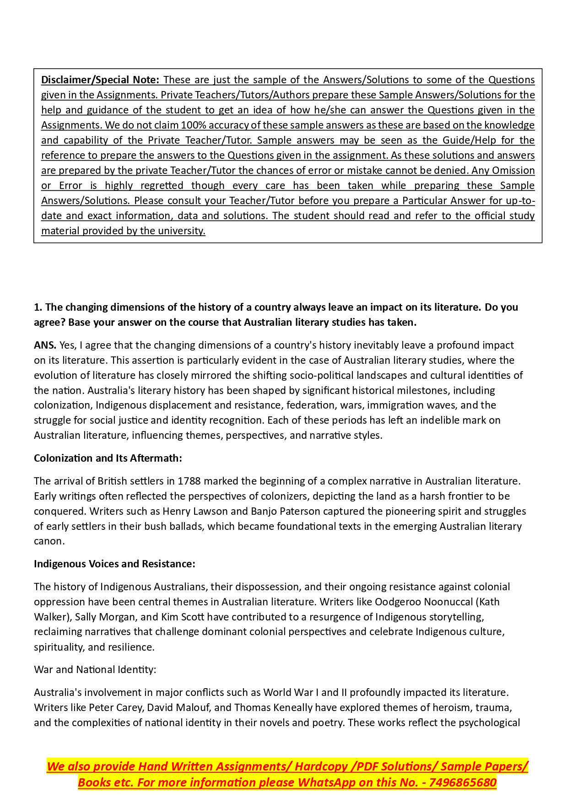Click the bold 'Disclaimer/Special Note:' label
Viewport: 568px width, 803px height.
[100, 80]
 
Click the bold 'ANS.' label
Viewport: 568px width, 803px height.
[45, 345]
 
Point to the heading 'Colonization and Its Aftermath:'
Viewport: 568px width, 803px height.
[108, 458]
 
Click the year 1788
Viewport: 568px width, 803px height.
[189, 481]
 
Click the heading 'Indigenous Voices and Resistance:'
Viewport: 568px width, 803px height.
[114, 564]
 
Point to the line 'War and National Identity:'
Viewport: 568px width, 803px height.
[95, 669]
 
